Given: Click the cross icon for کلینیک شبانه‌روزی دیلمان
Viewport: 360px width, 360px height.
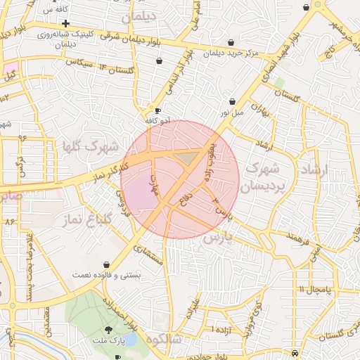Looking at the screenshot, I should point(65,24).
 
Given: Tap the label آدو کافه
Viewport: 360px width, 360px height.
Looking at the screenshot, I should point(157,120).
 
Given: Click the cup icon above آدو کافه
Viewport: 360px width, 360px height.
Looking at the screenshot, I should point(157,110).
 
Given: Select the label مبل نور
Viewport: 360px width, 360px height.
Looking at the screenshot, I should point(232,112).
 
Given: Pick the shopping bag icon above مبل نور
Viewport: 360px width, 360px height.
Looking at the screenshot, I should point(232,101).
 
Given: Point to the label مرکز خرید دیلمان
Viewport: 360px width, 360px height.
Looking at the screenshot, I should point(231,53).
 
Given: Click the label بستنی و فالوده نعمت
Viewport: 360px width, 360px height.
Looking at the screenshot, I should point(106,274).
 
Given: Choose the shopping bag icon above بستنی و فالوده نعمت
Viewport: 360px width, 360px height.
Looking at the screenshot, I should point(106,264).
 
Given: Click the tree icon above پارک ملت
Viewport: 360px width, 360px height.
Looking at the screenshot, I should point(108,329).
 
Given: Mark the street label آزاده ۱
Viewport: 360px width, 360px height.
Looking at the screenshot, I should point(224,329).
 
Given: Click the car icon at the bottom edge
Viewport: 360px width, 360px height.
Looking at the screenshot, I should point(295,354).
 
